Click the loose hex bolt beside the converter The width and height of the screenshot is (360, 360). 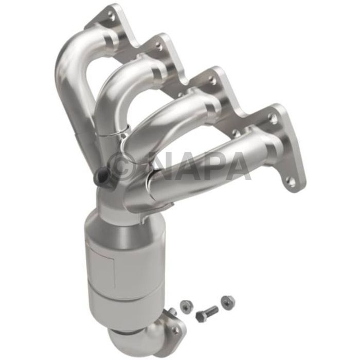[x=206, y=312]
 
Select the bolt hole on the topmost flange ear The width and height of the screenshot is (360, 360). [x=112, y=16]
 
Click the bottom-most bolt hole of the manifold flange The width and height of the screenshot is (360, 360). [x=291, y=181]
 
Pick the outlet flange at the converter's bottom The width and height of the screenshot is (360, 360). [x=154, y=329]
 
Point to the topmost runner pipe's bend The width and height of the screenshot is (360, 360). [x=72, y=57]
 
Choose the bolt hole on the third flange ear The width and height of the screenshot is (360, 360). [x=211, y=80]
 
